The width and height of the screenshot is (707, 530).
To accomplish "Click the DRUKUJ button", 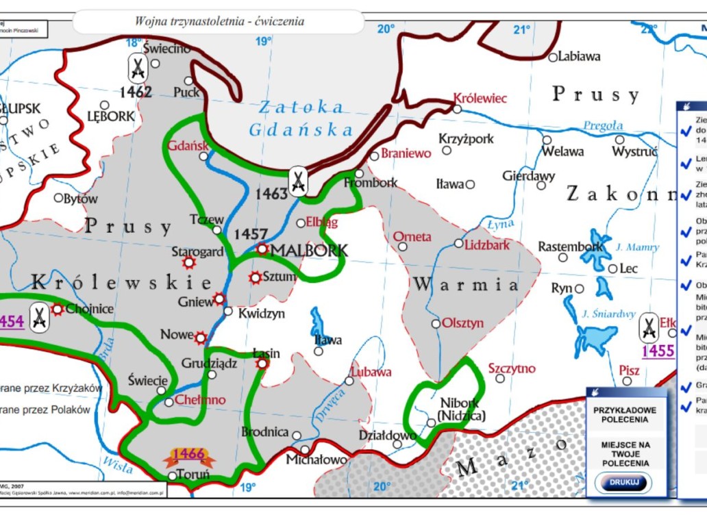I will point(623,482).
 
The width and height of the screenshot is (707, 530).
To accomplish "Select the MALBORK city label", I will point(309,251).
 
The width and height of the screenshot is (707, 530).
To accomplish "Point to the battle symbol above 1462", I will point(138,68).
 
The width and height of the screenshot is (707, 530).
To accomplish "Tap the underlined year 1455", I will point(658,351).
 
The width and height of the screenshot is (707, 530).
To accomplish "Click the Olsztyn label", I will point(462,323).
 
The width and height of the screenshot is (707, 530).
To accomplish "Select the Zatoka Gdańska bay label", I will point(301,118).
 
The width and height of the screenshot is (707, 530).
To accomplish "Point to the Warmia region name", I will point(465,284).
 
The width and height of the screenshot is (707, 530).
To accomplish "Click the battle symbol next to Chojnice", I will point(40,316).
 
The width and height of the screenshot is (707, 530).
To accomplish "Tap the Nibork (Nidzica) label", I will point(461,409).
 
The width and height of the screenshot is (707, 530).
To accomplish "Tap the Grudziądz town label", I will point(209,364).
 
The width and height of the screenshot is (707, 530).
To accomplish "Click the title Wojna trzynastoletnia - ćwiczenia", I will point(219,21).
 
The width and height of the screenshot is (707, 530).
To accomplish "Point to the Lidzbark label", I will point(487,244).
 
